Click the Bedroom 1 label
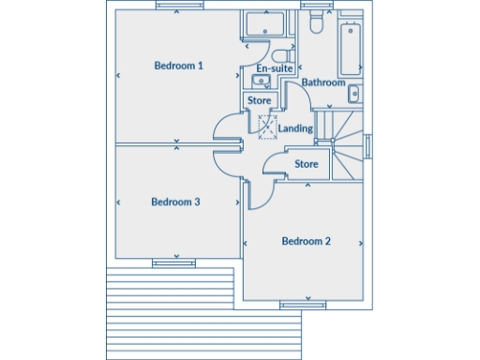(179, 66)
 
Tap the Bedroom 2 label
(307, 242)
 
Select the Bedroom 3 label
(175, 202)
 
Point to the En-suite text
(275, 69)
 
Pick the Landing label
(295, 127)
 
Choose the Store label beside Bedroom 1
(260, 100)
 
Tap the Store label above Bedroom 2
(307, 164)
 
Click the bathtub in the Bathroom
(351, 48)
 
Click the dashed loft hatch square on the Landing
(267, 125)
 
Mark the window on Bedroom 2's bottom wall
(303, 304)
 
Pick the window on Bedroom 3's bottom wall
(168, 263)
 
